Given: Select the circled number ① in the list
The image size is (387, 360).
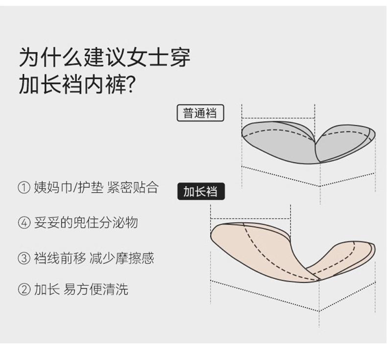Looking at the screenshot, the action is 24,188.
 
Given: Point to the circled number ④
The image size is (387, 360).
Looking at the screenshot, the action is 24,223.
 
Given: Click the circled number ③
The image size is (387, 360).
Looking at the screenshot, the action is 24,258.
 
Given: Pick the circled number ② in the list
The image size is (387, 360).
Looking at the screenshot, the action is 24,290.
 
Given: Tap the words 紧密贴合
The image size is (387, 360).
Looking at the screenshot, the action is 132,188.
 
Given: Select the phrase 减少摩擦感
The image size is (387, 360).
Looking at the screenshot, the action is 122,257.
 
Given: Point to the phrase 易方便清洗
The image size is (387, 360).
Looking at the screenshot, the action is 96,289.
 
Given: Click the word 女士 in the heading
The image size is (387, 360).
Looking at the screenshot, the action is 147,58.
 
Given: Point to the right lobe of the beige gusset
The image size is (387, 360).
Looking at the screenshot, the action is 343,260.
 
